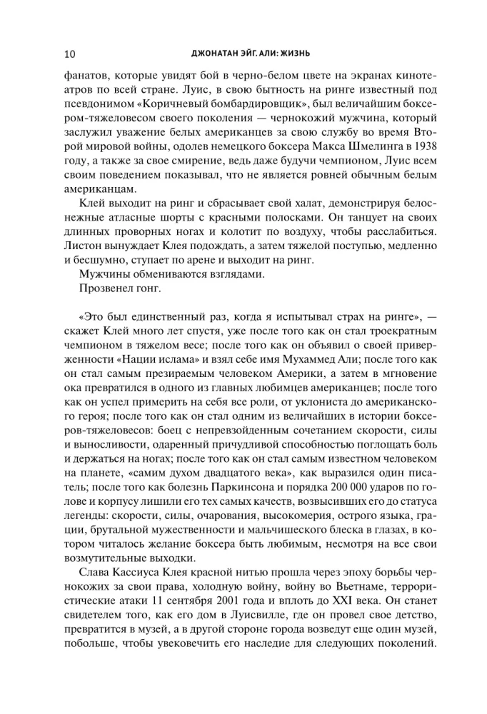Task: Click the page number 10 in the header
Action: tap(70, 54)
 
